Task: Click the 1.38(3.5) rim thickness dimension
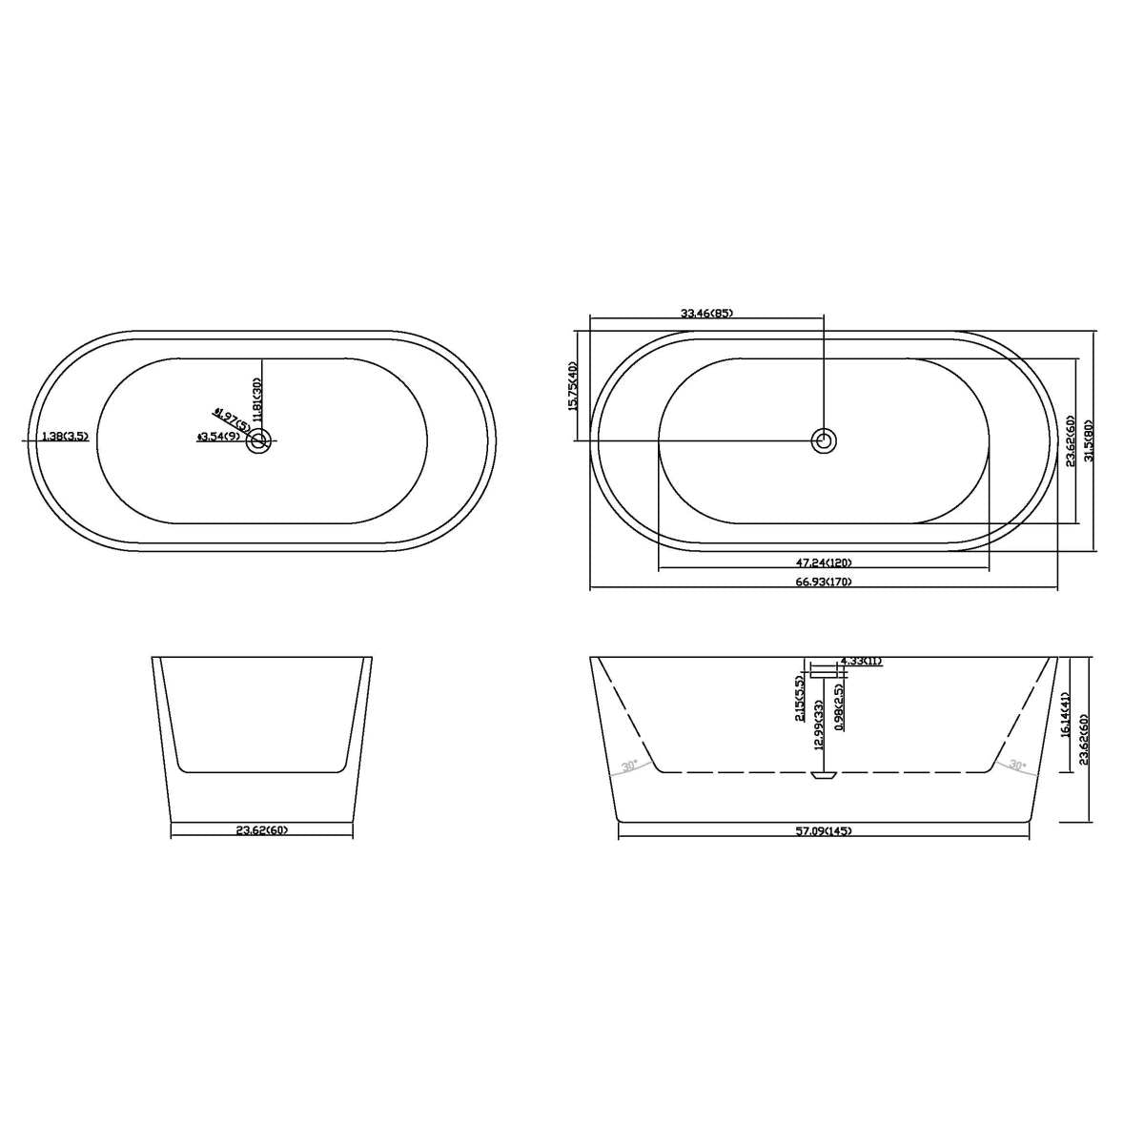65,437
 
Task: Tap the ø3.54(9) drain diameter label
218,438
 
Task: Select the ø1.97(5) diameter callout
232,419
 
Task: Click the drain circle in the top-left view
259,440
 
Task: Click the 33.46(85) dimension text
706,313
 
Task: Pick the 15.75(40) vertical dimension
573,385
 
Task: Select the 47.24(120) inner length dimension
823,562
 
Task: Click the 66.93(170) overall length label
823,582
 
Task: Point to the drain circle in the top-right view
824,440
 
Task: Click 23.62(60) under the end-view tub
261,830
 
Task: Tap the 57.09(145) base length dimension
824,831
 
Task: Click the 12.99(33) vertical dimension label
818,726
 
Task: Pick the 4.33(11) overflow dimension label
861,661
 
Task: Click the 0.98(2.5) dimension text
838,706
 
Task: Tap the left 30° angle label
629,766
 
